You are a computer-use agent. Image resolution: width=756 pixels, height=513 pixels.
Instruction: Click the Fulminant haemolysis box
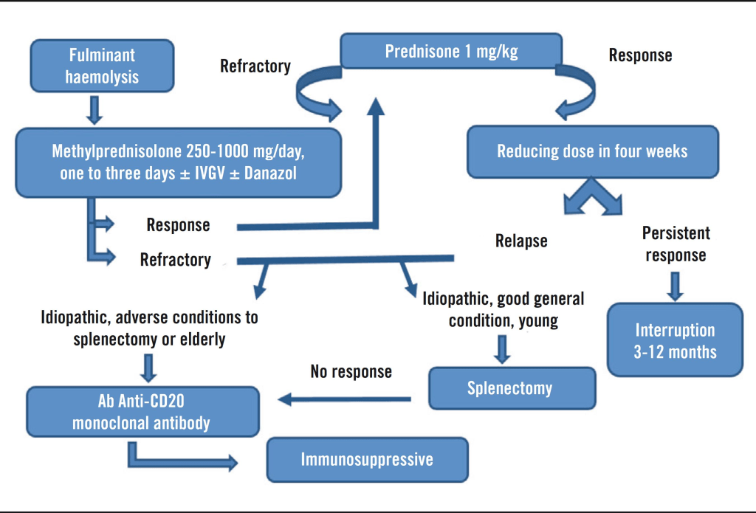102,66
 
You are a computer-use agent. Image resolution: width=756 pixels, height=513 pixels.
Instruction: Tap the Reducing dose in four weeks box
592,151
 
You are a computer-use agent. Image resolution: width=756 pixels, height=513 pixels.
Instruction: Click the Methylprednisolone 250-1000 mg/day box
178,162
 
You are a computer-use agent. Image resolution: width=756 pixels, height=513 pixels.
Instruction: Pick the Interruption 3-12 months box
675,340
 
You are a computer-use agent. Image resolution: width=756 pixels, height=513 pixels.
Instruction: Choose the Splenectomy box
510,388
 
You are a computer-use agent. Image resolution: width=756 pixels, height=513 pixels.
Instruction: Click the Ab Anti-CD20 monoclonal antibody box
143,413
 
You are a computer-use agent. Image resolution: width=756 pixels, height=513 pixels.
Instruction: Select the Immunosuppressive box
367,459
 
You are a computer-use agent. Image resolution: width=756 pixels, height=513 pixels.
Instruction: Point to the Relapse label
521,241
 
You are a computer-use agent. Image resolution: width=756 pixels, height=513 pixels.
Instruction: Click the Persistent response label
676,244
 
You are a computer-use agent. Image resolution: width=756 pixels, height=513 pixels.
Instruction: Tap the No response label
351,371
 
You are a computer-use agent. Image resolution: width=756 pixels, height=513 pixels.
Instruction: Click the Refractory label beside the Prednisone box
255,66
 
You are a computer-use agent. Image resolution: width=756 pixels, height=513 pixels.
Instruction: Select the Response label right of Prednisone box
640,55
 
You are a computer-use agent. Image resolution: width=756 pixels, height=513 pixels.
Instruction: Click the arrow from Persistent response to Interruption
675,286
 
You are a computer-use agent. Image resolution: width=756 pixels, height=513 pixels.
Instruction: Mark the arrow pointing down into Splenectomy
503,348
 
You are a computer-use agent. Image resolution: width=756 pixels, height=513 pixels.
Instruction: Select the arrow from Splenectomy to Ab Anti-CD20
344,399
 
